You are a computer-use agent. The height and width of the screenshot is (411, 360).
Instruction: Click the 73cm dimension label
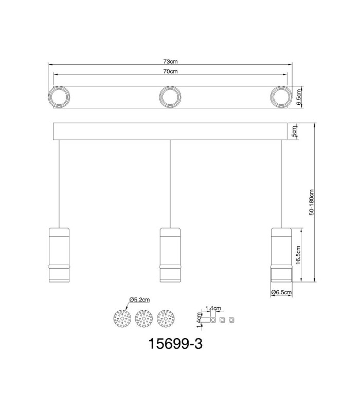point(170,62)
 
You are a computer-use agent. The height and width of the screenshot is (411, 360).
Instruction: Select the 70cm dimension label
point(170,71)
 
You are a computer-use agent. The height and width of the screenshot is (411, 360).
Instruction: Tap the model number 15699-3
point(175,343)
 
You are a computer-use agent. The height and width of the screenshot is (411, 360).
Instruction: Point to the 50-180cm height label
point(311,202)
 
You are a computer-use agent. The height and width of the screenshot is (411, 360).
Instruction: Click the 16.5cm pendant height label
point(298,255)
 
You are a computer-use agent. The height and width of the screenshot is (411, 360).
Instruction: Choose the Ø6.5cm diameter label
point(281,292)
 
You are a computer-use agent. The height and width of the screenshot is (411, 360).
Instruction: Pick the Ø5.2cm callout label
point(139,300)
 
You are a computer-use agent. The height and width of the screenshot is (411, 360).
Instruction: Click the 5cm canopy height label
point(294,132)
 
